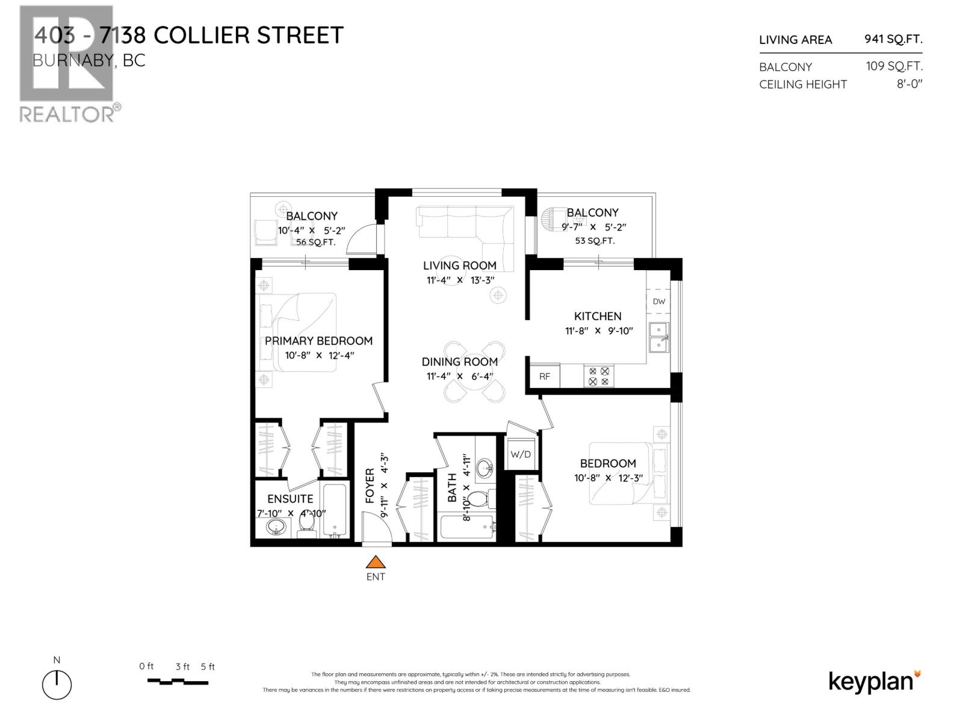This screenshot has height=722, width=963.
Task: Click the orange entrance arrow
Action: click(376, 562)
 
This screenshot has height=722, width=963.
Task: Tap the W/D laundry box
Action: click(521, 454)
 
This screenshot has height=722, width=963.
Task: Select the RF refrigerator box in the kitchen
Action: click(544, 377)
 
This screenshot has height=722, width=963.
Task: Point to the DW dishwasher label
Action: click(659, 301)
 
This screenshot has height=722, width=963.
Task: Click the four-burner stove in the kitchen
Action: click(598, 377)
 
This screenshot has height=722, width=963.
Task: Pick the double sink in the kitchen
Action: click(658, 337)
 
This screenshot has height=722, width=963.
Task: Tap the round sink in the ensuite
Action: click(276, 528)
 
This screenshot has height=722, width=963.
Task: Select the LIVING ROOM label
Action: click(459, 265)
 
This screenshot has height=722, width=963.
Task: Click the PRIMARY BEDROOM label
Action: click(318, 341)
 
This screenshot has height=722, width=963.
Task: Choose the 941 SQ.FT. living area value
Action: click(893, 39)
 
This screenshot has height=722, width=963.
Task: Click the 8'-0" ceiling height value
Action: click(909, 84)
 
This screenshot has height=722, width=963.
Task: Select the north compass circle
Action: click(57, 685)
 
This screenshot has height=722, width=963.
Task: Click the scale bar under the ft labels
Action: click(178, 682)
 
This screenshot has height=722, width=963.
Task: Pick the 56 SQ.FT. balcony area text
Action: click(315, 242)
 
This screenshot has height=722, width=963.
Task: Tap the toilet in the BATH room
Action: click(480, 499)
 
